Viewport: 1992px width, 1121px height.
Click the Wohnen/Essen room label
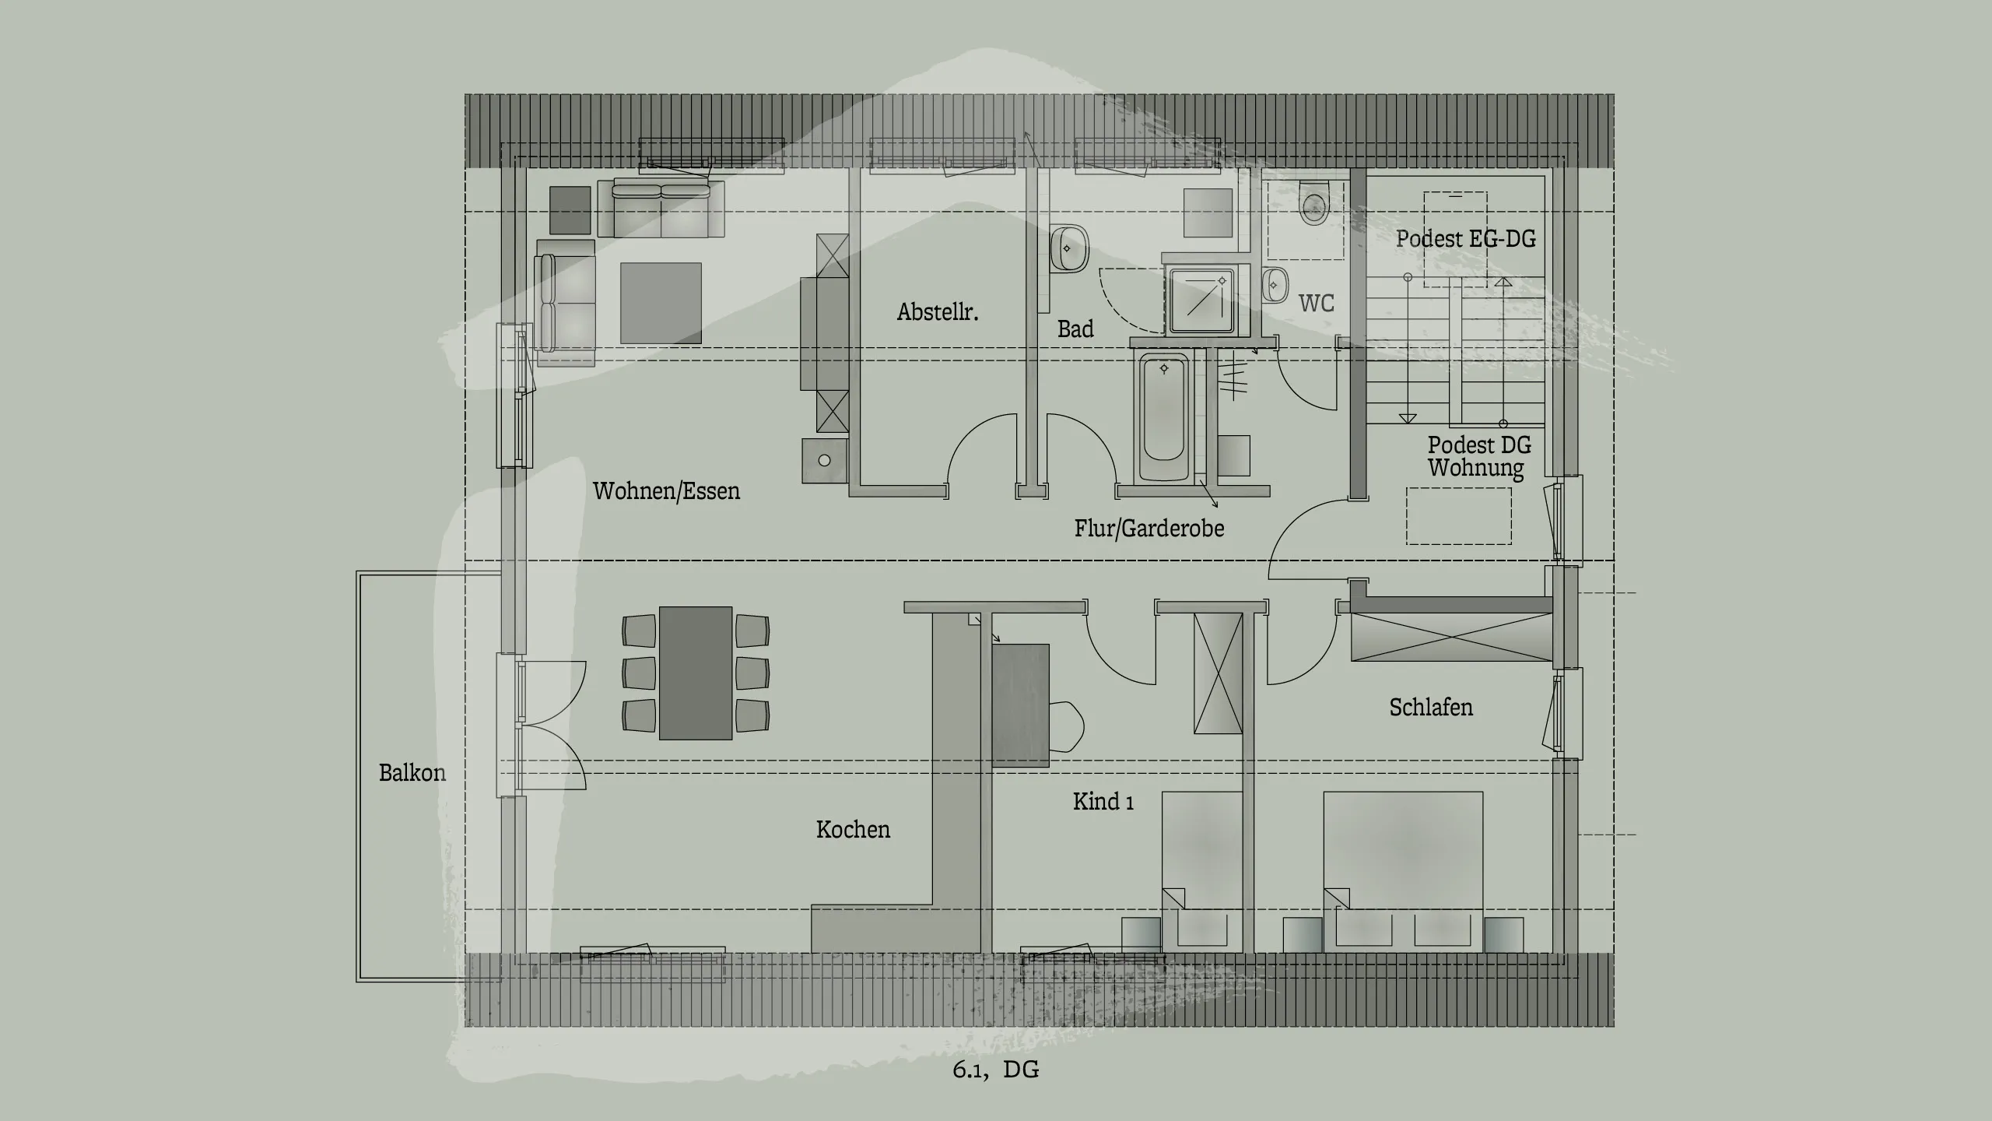point(666,491)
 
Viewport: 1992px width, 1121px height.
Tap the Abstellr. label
point(937,312)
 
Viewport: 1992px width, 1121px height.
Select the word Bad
point(1075,329)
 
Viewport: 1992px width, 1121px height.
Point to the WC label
point(1316,303)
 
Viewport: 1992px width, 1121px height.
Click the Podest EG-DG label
point(1465,239)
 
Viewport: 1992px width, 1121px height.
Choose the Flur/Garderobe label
point(1149,529)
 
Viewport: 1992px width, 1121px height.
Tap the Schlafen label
point(1430,708)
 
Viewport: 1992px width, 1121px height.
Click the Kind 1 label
point(1103,802)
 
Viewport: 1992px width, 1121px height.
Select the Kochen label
point(853,830)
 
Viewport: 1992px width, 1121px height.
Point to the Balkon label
point(412,773)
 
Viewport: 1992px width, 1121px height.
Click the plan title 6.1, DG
point(995,1069)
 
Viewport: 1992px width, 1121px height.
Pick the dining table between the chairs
point(696,673)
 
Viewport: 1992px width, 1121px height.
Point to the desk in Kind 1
point(1020,705)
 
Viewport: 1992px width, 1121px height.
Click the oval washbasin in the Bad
point(1068,248)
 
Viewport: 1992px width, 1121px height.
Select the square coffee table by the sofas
point(661,304)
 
